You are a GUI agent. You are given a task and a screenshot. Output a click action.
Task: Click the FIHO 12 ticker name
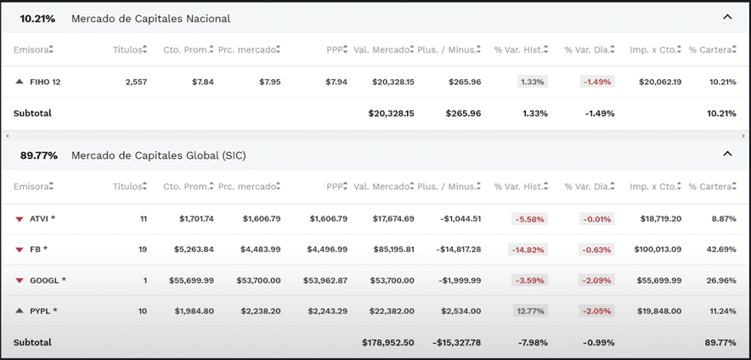pos(45,82)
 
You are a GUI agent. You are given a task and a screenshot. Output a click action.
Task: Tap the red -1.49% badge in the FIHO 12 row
pos(597,82)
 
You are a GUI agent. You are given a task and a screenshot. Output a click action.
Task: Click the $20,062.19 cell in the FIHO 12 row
pos(653,82)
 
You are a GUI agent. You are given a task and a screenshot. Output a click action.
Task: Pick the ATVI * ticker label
pos(42,219)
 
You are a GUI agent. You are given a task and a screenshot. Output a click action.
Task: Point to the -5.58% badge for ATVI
pos(530,219)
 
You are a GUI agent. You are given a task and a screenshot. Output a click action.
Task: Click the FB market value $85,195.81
pos(393,250)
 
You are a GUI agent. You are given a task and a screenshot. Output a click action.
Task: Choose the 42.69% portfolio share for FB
pos(723,250)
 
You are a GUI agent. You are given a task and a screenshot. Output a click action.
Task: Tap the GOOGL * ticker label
pos(48,280)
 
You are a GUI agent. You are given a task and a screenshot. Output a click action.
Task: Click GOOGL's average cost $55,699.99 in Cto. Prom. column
pos(191,280)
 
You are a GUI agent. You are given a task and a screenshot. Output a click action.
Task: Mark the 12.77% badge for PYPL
pos(530,311)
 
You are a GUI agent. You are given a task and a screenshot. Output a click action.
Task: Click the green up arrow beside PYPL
pos(20,311)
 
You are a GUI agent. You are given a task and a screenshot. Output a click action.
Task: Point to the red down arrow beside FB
pos(20,250)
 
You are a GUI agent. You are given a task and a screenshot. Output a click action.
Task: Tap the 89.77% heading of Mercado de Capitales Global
pos(39,155)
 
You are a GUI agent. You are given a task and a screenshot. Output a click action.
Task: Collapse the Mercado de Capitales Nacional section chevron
pos(727,16)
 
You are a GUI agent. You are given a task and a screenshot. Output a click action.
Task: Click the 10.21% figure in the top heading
pos(37,19)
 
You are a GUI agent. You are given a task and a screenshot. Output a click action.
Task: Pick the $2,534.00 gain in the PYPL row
pos(460,311)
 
